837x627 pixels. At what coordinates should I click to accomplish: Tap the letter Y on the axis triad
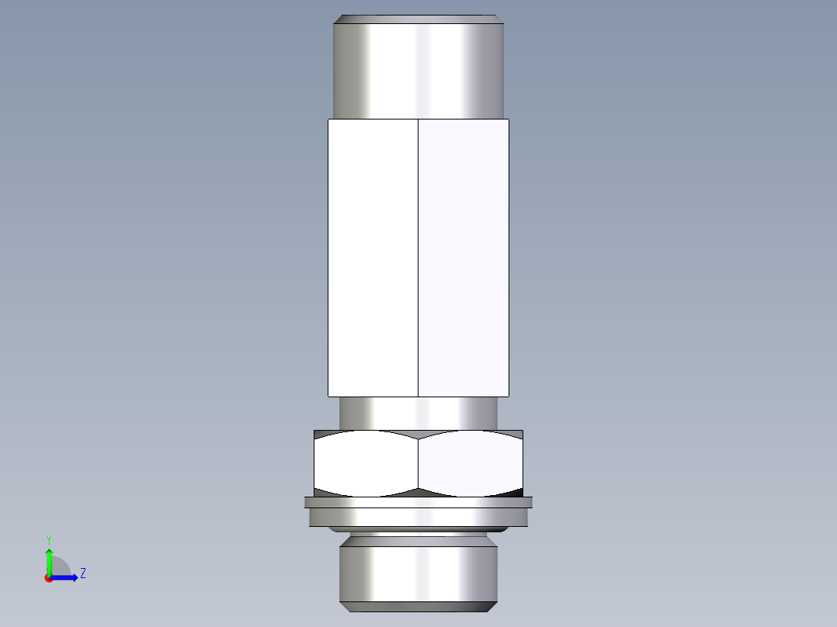click(x=49, y=539)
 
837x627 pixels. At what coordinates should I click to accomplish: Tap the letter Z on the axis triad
click(x=82, y=573)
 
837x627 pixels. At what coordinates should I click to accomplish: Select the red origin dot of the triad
click(x=48, y=578)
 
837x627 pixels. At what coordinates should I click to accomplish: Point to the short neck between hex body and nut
click(x=418, y=413)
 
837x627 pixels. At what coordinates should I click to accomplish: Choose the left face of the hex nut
click(x=366, y=464)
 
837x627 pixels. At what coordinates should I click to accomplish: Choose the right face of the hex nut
click(x=471, y=464)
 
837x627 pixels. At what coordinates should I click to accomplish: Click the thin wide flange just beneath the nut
click(x=418, y=502)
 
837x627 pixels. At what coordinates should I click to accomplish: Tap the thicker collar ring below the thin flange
click(x=418, y=517)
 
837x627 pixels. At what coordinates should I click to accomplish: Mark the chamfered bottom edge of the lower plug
click(x=418, y=605)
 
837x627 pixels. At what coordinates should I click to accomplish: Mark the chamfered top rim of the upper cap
click(x=418, y=19)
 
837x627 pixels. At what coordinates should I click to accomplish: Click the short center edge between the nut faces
click(x=418, y=464)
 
